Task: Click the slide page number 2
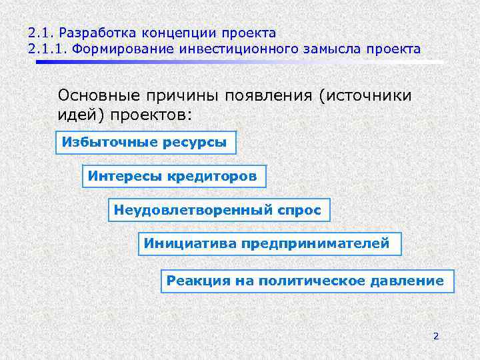(435, 336)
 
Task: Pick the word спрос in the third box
(299, 211)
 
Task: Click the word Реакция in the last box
(198, 281)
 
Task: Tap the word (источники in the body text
(366, 95)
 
